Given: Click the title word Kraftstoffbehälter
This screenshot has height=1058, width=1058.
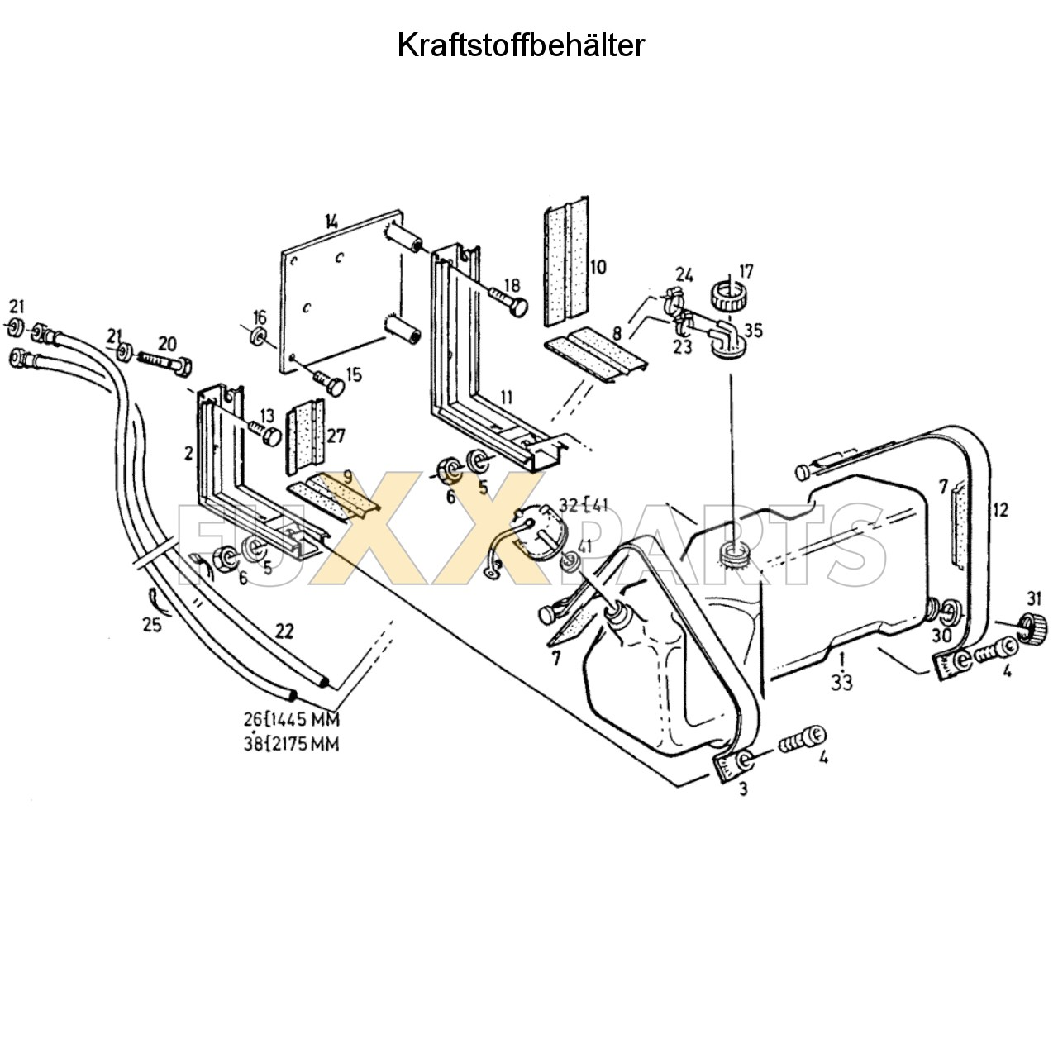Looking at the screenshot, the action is [521, 45].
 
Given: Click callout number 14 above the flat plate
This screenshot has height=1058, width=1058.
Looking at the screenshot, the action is [331, 222].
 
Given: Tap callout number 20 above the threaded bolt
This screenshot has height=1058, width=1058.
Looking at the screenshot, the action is [167, 344].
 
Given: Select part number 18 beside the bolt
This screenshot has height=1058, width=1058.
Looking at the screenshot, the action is [512, 285].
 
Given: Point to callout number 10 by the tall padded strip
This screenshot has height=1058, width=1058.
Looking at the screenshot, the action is [598, 267].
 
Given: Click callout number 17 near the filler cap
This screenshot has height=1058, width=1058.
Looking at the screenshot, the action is [746, 272].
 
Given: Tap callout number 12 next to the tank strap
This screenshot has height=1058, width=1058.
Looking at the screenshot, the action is [1001, 510].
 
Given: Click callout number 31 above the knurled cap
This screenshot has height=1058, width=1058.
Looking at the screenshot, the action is [1034, 598].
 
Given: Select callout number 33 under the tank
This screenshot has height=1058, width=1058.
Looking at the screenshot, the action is [841, 683].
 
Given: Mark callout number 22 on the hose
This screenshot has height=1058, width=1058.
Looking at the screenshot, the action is [284, 631].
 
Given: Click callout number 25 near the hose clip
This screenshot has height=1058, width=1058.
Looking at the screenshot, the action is [152, 624].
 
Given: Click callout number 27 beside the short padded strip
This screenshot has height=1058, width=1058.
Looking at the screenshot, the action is [336, 436].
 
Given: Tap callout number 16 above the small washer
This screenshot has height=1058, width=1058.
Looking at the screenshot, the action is [260, 317].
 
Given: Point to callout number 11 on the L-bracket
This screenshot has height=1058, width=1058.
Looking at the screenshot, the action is [506, 397].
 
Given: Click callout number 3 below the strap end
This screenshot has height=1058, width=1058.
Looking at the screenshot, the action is [743, 789].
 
